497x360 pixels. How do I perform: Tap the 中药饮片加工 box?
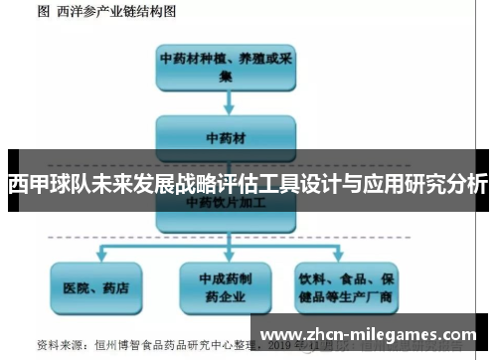pos(226,203)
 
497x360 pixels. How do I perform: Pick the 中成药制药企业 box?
pos(226,287)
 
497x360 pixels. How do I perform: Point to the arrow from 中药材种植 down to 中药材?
pos(227,100)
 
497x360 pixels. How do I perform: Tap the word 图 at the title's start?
pos(44,12)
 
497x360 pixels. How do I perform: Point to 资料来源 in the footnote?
pos(58,345)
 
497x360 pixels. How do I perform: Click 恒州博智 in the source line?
pos(117,345)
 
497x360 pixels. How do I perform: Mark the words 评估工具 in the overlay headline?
pos(255,185)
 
